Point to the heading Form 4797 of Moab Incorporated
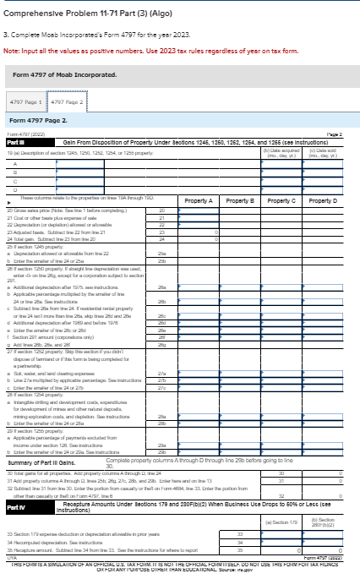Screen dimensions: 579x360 [x=61, y=74]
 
